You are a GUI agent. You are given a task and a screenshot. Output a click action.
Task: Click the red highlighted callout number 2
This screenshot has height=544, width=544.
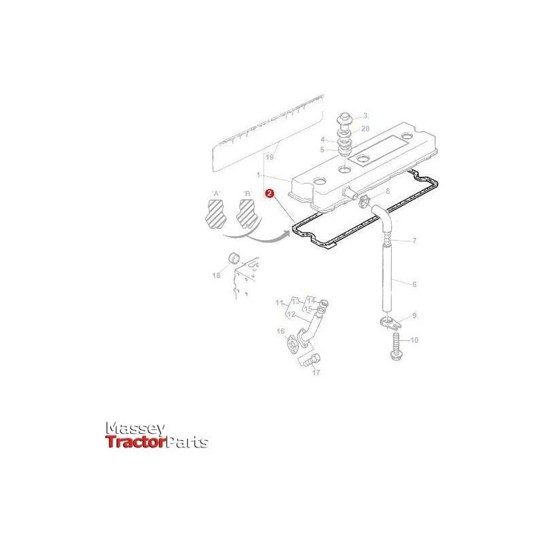(269, 194)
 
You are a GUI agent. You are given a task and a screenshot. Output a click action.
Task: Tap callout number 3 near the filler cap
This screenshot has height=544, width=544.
(365, 116)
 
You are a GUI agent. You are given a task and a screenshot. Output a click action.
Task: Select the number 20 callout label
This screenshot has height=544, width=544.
(365, 129)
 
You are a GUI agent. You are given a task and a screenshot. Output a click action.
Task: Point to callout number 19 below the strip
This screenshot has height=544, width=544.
(269, 157)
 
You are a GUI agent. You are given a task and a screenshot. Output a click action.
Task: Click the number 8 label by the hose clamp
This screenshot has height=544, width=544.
(388, 191)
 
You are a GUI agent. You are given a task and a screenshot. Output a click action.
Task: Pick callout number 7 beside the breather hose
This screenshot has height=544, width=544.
(414, 241)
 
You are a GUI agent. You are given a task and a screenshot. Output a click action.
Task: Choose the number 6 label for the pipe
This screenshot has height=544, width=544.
(414, 284)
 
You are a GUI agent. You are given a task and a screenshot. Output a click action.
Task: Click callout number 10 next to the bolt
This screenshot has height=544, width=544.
(414, 340)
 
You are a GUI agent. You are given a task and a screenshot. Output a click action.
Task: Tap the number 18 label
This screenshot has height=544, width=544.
(216, 275)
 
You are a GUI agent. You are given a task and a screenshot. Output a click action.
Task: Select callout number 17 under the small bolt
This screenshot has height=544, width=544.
(316, 373)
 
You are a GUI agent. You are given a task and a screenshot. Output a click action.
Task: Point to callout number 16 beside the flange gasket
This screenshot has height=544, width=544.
(281, 332)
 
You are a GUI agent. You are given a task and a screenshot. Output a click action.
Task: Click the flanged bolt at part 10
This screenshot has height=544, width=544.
(396, 347)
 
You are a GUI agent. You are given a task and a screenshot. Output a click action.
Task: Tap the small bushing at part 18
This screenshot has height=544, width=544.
(235, 259)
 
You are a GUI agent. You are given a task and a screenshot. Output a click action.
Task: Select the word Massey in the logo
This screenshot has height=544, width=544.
(135, 429)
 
